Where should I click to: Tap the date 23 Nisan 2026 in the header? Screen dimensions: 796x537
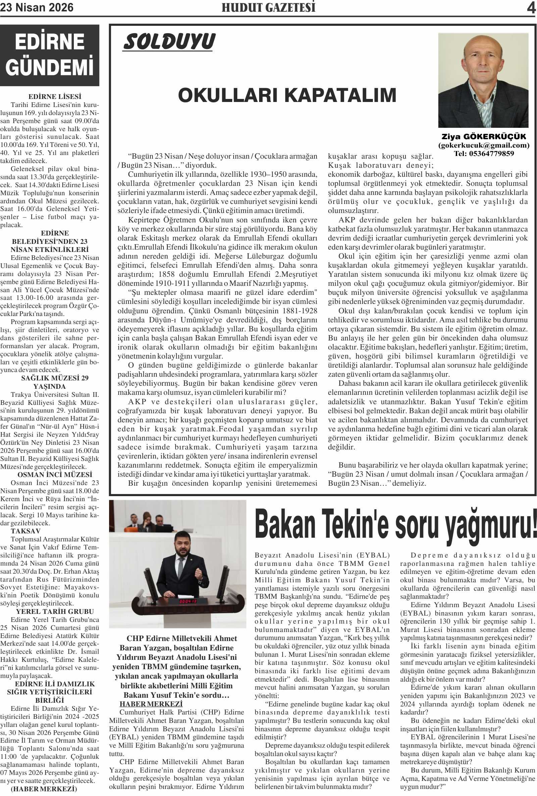click(37, 8)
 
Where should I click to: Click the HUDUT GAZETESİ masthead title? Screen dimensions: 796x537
click(268, 8)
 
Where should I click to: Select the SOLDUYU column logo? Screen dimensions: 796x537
click(169, 42)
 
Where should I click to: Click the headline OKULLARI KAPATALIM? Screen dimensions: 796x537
click(287, 95)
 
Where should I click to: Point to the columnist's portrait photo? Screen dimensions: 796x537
click(483, 81)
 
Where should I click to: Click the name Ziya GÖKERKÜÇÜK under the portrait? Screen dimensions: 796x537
click(484, 137)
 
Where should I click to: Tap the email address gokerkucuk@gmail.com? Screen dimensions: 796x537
click(484, 146)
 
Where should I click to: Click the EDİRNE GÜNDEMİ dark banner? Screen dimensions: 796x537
click(50, 55)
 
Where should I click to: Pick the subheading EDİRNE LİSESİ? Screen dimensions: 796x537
click(55, 97)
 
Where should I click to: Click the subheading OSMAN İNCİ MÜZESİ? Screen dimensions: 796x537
click(55, 475)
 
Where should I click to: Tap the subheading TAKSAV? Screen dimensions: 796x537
click(26, 531)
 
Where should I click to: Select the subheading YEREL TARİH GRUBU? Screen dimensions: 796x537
click(55, 612)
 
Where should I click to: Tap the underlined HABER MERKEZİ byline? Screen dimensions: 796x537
click(151, 704)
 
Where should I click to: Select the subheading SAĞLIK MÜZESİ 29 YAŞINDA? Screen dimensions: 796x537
click(55, 382)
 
